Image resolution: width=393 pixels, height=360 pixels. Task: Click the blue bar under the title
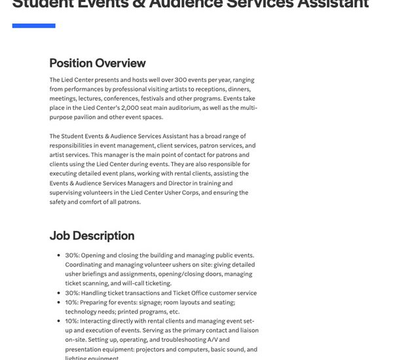tap(33, 26)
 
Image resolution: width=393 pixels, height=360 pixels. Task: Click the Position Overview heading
tap(98, 63)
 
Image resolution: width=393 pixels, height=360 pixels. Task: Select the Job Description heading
tap(92, 236)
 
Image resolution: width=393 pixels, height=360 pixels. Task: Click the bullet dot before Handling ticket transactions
tap(60, 293)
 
